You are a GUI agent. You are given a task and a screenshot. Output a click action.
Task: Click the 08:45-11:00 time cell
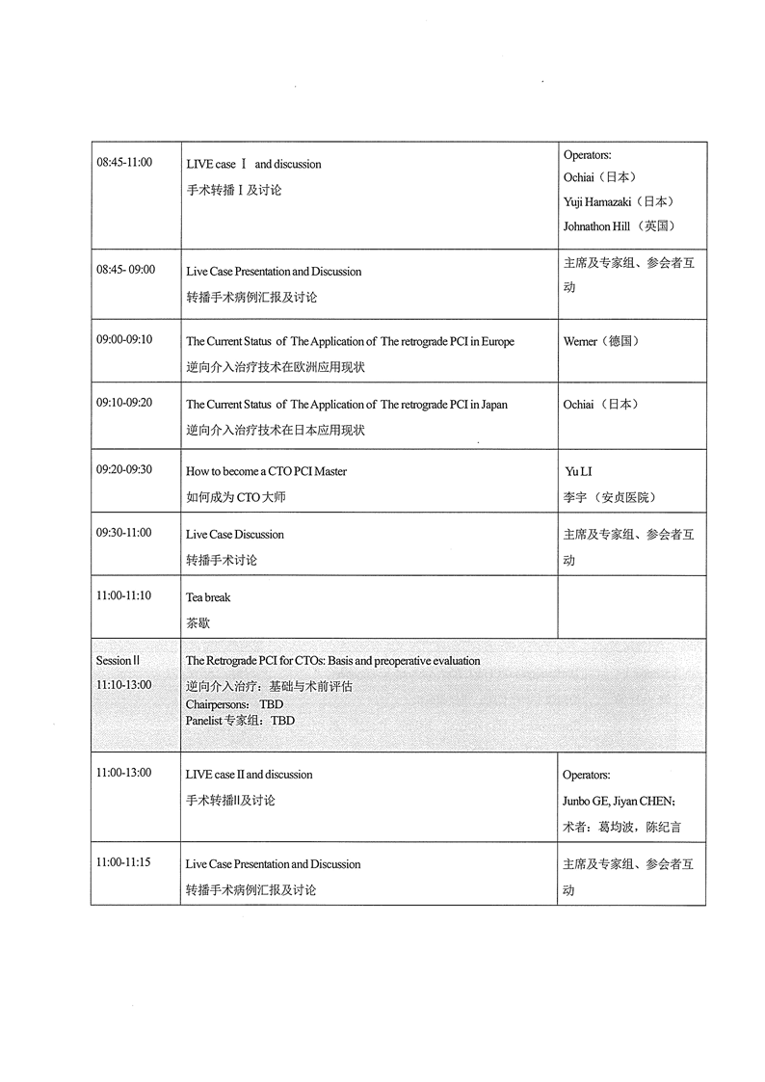point(124,162)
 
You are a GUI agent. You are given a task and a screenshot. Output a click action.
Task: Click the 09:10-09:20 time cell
point(124,404)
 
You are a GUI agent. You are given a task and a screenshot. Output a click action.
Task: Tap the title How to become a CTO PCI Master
point(266,471)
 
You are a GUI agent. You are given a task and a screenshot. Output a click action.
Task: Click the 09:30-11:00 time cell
point(124,533)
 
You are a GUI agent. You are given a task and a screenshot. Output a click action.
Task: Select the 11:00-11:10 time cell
point(124,595)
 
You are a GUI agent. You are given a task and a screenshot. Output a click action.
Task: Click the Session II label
point(118,661)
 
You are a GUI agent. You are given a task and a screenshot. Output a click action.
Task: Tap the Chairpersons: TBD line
point(234,704)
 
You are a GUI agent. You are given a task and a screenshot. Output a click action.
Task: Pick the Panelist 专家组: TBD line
point(240,720)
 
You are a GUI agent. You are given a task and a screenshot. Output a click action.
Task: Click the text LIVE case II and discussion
point(249,775)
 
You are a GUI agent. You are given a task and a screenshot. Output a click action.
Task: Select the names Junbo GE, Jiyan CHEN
point(619,801)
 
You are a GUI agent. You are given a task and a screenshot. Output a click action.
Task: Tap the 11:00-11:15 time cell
point(124,863)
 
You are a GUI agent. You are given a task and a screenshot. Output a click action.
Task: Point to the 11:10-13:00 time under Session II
point(124,684)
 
